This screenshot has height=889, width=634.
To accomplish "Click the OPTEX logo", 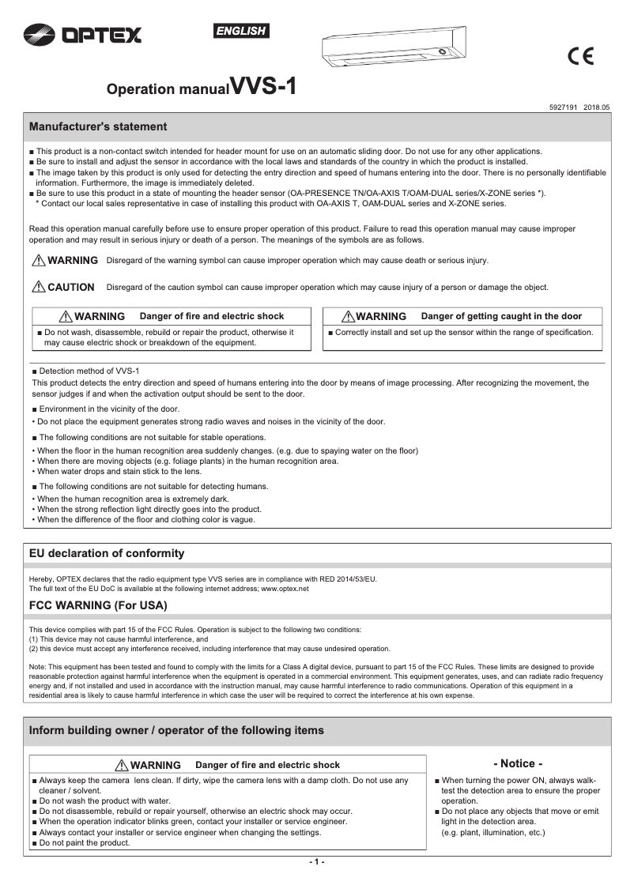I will point(83,34).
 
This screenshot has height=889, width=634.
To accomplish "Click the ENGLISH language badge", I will point(241,31).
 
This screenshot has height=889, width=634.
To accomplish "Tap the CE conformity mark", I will point(581,57).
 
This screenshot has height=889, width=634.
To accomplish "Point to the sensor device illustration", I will point(393,49).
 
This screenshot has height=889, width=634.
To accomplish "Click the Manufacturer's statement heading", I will point(98,126).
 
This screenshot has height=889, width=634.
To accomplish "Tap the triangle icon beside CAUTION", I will point(38,287).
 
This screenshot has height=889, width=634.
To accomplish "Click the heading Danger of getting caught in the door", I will point(501,316).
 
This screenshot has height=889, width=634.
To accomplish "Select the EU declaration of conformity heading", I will point(107,553).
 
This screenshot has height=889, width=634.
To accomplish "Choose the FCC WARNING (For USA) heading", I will point(98,605).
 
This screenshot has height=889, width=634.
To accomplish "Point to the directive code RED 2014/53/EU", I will point(341,579).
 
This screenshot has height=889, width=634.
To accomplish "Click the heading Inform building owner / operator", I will point(176,730).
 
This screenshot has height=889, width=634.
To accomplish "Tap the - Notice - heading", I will point(518,763).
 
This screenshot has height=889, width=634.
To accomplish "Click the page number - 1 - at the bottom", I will point(316,861).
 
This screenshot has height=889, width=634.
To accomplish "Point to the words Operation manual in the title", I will point(168,89).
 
